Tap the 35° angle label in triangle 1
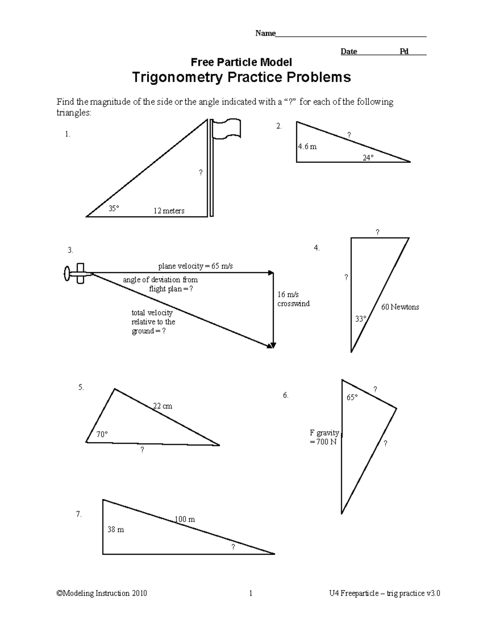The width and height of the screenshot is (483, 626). click(114, 208)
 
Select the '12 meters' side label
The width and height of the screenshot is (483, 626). click(169, 211)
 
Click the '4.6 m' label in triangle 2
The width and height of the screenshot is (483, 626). click(307, 147)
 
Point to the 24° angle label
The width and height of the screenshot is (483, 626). click(368, 158)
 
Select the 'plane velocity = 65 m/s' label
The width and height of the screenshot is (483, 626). click(196, 266)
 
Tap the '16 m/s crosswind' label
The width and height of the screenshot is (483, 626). click(293, 299)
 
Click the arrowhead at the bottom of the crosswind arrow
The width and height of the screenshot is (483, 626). click(273, 345)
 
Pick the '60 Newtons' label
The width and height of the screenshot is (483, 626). click(400, 307)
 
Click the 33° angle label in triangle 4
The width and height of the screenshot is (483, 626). click(361, 319)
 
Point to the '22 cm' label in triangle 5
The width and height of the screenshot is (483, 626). click(163, 406)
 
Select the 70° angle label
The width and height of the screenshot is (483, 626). click(102, 434)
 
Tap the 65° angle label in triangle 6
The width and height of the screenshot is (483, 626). click(352, 397)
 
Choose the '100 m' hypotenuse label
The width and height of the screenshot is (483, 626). click(185, 519)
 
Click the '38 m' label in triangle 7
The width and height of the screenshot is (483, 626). click(116, 530)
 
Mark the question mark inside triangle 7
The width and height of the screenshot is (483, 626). click(233, 547)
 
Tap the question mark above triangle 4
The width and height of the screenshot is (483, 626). click(378, 232)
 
